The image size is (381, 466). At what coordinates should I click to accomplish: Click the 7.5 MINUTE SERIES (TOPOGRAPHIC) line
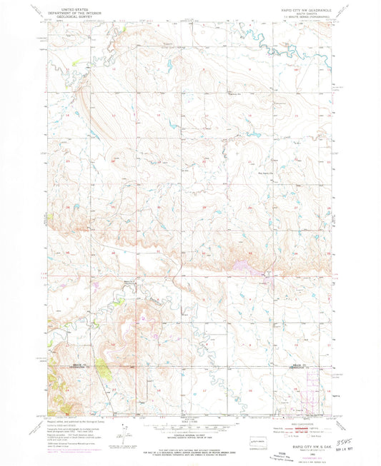point(304,19)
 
